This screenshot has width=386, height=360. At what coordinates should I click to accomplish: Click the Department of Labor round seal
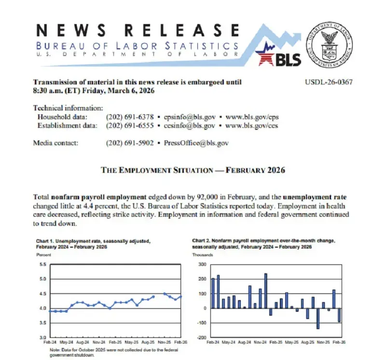[x=331, y=45]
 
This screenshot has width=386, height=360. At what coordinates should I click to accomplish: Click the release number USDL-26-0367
[x=329, y=82]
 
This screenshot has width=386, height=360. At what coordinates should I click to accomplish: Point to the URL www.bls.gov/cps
[x=252, y=117]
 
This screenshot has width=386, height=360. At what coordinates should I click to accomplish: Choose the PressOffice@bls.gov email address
[x=196, y=143]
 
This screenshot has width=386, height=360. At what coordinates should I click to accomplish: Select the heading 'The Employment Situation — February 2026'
[x=193, y=170]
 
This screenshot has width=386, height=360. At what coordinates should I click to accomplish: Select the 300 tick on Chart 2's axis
[x=203, y=264]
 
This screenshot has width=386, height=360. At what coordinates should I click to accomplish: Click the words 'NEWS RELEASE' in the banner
[x=138, y=30]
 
